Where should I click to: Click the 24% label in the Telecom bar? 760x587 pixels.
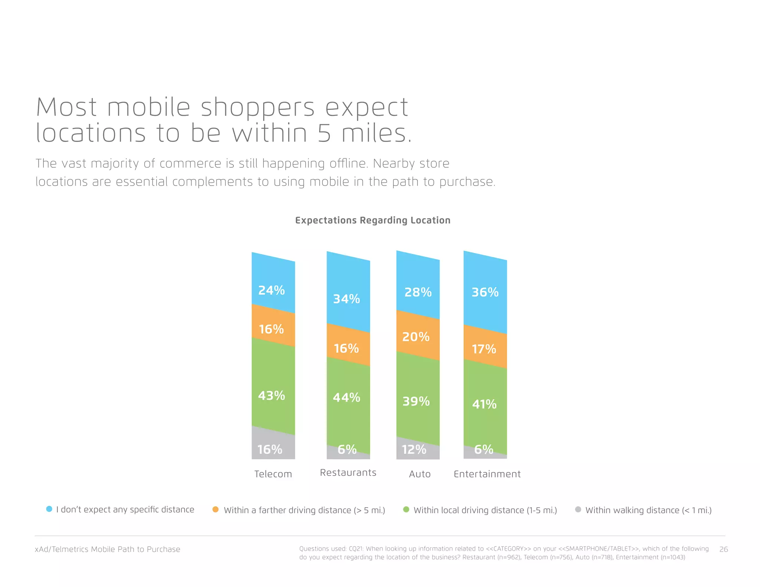point(271,290)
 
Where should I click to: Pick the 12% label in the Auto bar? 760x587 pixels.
point(414,450)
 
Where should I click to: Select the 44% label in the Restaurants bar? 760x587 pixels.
point(346,398)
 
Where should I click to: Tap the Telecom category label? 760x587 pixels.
point(273,474)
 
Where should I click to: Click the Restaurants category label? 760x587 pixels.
point(348,472)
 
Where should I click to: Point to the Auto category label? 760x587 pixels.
point(420,474)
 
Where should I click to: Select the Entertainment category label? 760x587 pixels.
point(487,474)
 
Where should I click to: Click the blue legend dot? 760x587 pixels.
point(49,509)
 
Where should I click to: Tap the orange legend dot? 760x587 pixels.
point(215,509)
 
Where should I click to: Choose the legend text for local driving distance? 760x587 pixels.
point(485,510)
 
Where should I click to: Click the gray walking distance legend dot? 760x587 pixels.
point(578,509)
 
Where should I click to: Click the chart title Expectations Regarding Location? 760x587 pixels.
point(373,220)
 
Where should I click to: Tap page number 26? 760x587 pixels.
point(723,549)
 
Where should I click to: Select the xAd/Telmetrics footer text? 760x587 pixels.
point(107,549)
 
